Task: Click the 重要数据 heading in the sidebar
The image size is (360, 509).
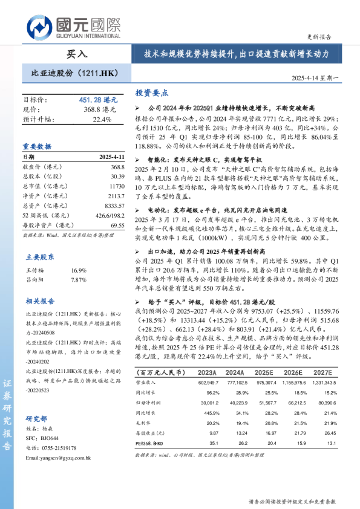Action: (38, 146)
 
